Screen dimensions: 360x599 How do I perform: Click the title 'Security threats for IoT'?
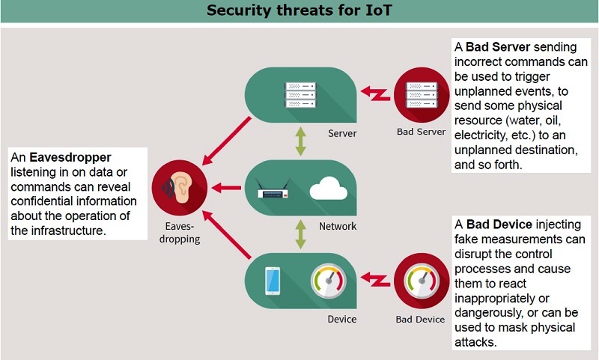[299, 11]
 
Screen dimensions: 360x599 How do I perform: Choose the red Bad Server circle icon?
[422, 95]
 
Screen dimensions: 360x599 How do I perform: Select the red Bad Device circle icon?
[421, 281]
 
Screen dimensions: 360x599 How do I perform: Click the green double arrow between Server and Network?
[300, 141]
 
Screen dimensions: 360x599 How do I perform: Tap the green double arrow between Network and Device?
[300, 234]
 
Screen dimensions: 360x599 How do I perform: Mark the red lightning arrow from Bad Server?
[374, 94]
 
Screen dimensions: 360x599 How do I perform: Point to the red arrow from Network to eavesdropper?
[228, 189]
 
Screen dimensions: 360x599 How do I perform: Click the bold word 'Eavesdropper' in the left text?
[71, 158]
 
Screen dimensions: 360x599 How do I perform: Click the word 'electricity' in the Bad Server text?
[482, 136]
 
